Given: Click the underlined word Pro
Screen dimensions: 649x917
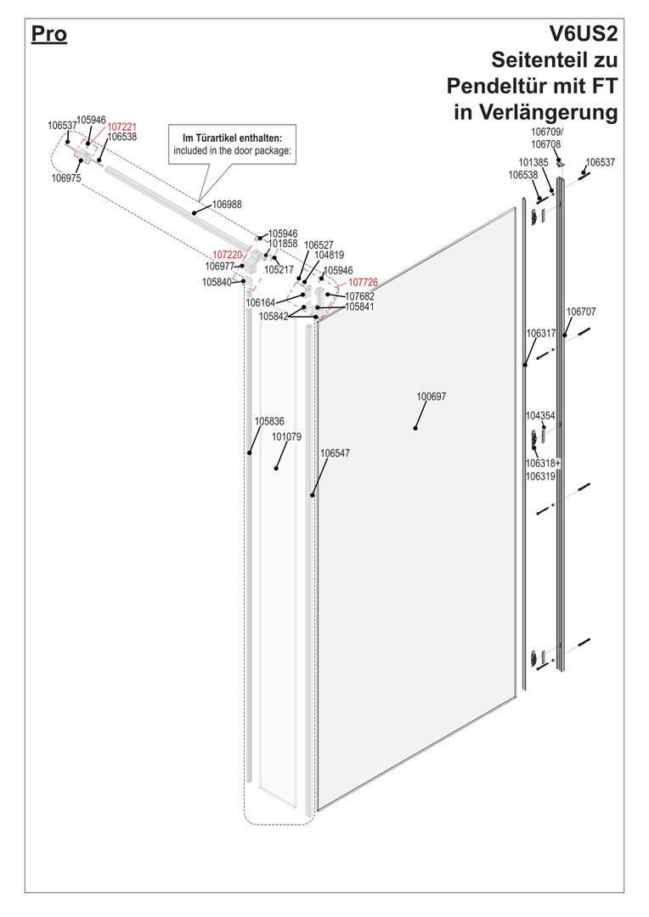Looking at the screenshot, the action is click(x=49, y=34).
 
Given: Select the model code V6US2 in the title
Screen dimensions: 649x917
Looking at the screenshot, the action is click(x=583, y=34).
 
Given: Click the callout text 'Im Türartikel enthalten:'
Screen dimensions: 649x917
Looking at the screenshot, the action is click(x=232, y=138).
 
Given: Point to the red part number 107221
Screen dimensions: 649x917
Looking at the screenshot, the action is click(x=121, y=127).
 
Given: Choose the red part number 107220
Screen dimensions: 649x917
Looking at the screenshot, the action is click(x=227, y=255).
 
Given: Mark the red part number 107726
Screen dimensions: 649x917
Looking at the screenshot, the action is click(x=364, y=283).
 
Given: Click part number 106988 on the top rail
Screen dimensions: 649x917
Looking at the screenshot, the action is click(x=227, y=205).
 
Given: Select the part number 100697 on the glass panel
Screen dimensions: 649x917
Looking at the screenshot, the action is click(x=432, y=397).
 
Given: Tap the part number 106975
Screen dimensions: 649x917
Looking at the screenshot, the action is click(x=66, y=178).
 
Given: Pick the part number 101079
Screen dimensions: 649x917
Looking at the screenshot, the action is click(x=287, y=437).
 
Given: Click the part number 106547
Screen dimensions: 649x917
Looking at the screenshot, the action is click(x=336, y=453).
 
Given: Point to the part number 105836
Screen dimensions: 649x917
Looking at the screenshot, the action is click(x=270, y=421).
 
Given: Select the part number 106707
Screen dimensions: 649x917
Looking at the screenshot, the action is click(x=581, y=312).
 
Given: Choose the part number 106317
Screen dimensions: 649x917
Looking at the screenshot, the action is click(x=541, y=334).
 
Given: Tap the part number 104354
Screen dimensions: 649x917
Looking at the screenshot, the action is click(x=540, y=416).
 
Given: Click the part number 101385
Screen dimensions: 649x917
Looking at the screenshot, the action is click(x=533, y=162).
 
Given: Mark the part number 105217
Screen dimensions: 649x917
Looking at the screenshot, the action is click(x=279, y=270).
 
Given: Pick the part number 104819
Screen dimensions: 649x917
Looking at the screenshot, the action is click(x=330, y=255).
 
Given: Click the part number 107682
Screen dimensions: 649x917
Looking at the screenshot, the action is click(x=360, y=296).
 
